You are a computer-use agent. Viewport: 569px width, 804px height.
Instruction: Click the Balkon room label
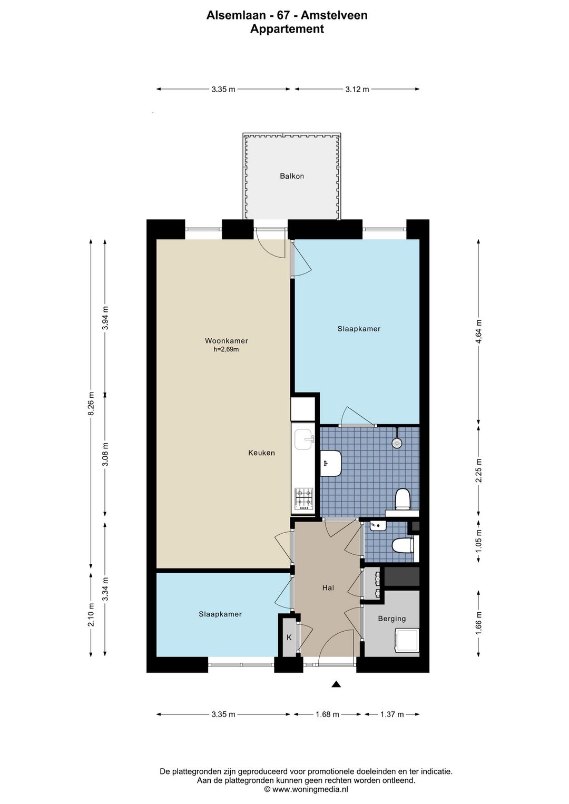click(x=292, y=176)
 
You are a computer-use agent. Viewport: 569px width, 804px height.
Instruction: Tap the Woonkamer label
click(x=227, y=341)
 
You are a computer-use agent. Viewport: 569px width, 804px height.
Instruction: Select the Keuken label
click(x=262, y=453)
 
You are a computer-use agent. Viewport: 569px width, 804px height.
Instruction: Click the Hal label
click(x=328, y=588)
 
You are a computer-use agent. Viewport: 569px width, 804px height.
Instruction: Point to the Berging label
click(x=392, y=619)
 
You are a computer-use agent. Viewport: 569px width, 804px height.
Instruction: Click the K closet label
click(x=289, y=638)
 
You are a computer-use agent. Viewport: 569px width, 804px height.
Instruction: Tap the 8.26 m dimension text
click(x=91, y=404)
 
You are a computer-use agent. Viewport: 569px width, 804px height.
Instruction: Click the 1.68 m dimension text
click(x=327, y=714)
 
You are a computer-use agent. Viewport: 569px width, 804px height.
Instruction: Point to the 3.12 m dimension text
click(x=357, y=90)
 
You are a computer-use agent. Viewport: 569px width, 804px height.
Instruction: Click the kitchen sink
click(x=304, y=439)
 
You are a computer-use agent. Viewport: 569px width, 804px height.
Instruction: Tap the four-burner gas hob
click(x=304, y=499)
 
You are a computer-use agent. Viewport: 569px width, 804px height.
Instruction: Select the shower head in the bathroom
click(x=397, y=443)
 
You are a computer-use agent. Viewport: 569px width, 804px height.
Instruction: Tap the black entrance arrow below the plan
click(x=336, y=684)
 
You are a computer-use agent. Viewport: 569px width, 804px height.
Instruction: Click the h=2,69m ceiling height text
click(x=226, y=349)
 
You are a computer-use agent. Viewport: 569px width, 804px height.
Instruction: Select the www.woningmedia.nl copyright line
click(x=306, y=789)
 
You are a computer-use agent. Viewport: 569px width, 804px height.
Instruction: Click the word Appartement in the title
click(x=287, y=28)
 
